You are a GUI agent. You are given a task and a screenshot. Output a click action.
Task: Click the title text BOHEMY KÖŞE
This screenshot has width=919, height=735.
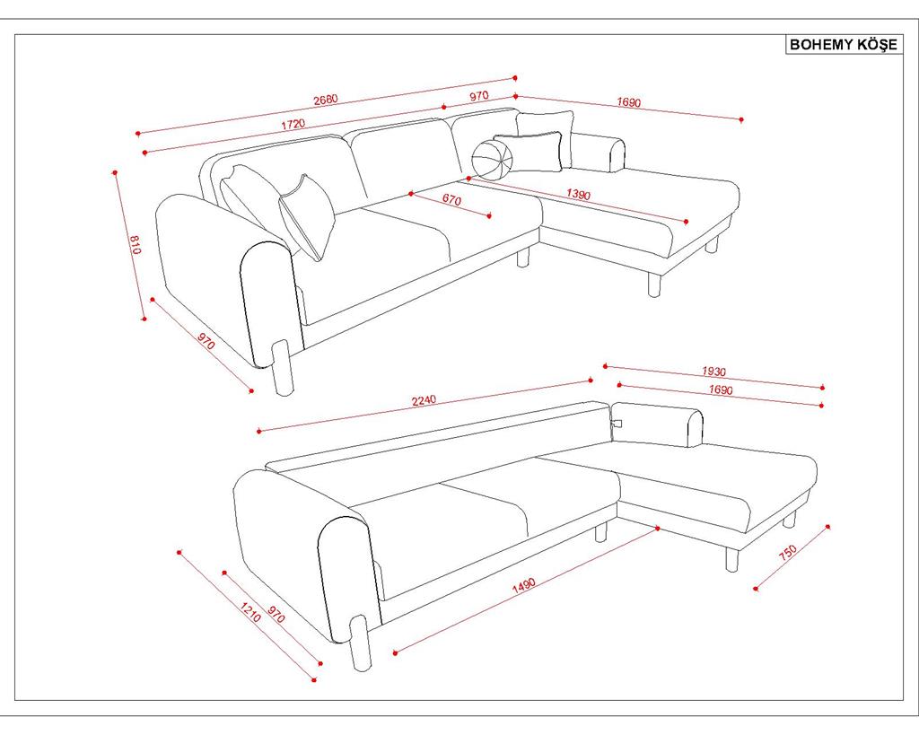[843, 45]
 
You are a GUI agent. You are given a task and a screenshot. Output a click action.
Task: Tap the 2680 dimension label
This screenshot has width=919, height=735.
[326, 100]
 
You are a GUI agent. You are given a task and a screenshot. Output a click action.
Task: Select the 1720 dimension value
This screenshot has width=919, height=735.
[293, 124]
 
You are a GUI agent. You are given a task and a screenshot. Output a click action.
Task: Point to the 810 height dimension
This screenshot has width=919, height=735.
[136, 244]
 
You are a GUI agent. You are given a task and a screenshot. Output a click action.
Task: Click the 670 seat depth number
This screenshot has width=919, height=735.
[451, 200]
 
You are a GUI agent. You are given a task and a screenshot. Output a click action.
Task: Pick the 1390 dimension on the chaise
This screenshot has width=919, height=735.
[579, 194]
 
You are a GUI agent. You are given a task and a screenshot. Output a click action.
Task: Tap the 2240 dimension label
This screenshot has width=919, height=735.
[424, 400]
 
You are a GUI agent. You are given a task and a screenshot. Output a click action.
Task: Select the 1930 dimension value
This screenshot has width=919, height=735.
[713, 371]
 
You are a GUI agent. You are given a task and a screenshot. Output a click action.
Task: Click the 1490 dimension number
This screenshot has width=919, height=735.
[524, 586]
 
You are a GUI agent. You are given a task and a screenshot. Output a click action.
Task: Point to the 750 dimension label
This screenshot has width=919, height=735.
[788, 552]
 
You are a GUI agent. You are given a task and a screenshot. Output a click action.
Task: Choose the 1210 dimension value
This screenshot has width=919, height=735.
[250, 612]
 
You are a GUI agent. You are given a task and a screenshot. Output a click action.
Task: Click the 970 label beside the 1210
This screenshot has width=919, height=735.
[276, 614]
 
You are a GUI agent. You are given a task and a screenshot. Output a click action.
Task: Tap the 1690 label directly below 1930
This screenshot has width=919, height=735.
[721, 389]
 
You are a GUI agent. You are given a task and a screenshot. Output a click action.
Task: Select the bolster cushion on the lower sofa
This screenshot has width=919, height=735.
[657, 424]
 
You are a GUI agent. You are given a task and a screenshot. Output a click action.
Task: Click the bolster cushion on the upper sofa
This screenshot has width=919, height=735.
[597, 153]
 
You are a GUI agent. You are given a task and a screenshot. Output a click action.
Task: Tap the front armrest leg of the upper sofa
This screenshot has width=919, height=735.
[283, 368]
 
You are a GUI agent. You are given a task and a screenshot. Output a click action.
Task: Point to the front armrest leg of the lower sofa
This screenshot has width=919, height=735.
[360, 644]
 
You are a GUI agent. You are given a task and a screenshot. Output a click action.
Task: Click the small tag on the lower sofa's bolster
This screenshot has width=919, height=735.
[616, 423]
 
